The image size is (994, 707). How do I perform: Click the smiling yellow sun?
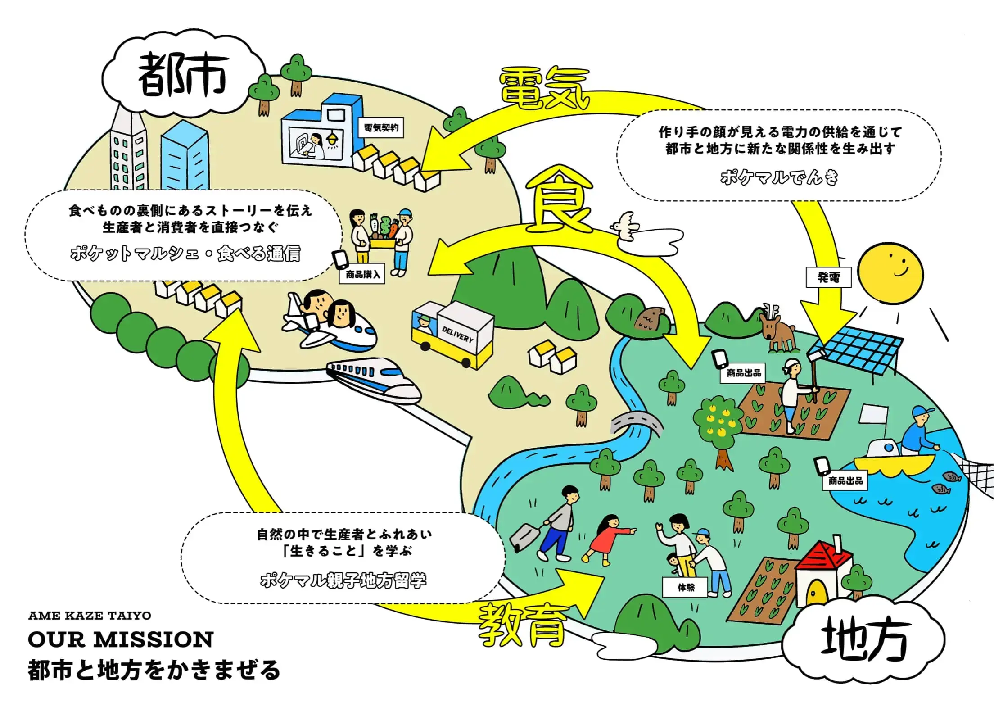tap(890, 273)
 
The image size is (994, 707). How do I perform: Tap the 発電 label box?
tap(828, 277)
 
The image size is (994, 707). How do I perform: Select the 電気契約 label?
tap(381, 127)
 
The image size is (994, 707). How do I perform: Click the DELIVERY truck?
tap(452, 334)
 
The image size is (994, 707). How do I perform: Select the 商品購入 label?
tap(362, 274)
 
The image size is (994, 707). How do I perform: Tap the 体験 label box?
tap(686, 587)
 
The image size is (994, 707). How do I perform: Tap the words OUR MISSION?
tap(121, 639)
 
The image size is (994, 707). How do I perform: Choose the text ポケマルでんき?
tap(779, 177)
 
